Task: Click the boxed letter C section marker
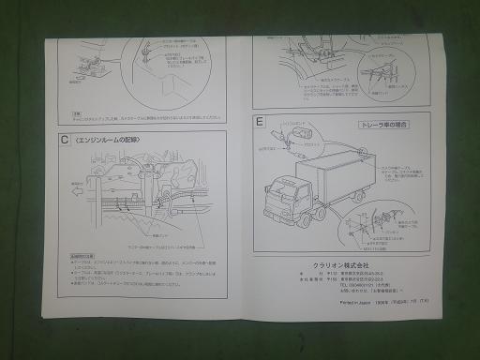click(x=63, y=142)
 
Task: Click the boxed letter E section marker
click(x=259, y=123)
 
